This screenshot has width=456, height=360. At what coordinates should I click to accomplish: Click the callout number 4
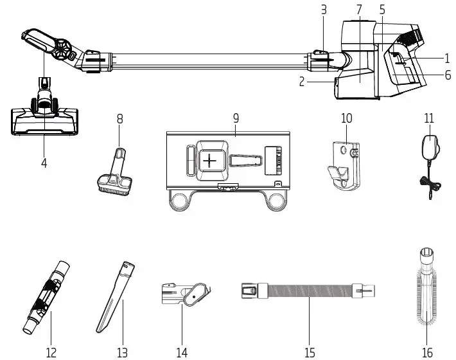(44, 163)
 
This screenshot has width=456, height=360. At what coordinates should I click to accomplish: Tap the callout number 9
(236, 118)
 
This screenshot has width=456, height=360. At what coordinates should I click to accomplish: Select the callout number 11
(429, 118)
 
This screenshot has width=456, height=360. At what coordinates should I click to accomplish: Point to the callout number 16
(426, 352)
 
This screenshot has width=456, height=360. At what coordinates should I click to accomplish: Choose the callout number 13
(122, 352)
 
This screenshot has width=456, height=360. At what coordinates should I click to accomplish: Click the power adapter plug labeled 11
(427, 147)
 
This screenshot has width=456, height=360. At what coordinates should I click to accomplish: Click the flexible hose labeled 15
(307, 292)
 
